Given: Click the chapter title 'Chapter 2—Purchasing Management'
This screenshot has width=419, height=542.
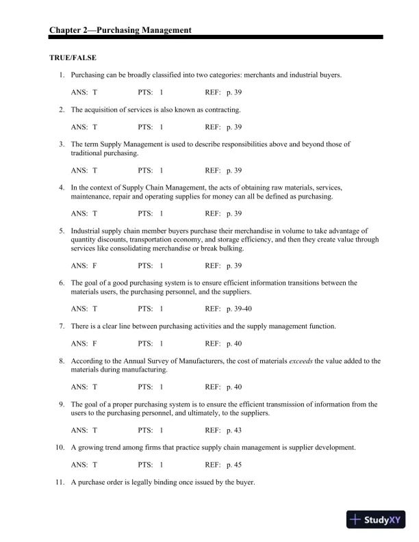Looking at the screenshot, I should pos(120,29).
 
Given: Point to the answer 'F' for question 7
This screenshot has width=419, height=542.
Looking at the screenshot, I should pos(94,343).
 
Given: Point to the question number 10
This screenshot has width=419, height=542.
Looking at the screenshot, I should pos(61,448).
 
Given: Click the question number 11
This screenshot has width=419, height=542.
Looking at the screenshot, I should pos(61,482).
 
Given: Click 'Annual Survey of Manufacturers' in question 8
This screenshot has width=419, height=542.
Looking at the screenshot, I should pos(160,361).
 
